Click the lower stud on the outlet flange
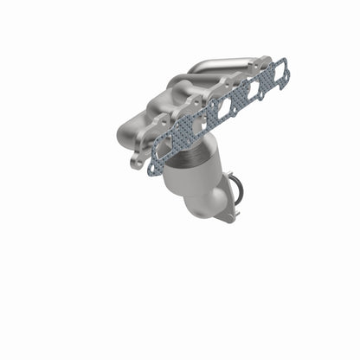coord(229,217)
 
